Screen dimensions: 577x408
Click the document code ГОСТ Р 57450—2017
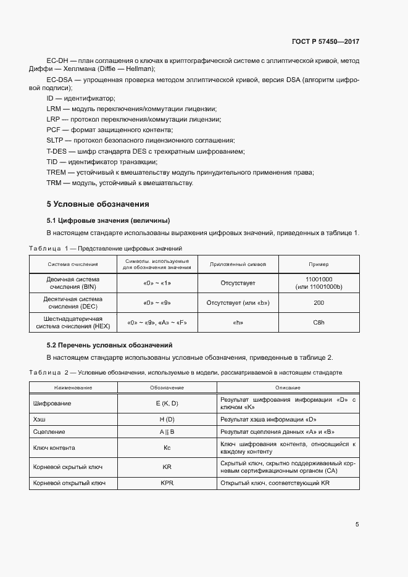coord(325,41)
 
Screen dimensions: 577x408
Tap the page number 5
coord(357,525)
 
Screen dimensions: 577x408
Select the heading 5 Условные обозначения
coord(98,204)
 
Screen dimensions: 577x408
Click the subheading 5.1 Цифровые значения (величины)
coord(108,220)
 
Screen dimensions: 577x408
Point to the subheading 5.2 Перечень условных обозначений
coord(109,344)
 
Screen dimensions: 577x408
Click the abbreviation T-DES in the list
coord(57,152)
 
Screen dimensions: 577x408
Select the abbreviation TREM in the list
coord(56,172)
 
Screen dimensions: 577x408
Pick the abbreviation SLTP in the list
coord(56,141)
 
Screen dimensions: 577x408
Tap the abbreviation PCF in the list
coord(54,130)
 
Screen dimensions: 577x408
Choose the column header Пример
coord(318,264)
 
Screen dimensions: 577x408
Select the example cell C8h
coord(318,322)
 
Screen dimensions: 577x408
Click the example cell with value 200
coord(318,303)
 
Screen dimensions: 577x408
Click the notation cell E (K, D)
coord(167,404)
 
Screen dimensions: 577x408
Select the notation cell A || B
coord(167,432)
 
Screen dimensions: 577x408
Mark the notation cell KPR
coord(167,483)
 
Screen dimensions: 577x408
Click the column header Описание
coord(288,388)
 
